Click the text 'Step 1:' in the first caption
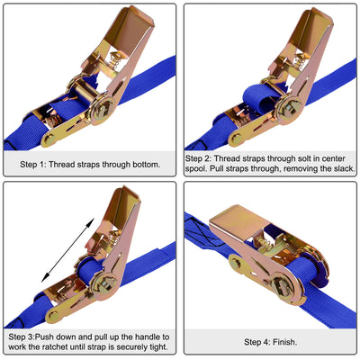(39, 165)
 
